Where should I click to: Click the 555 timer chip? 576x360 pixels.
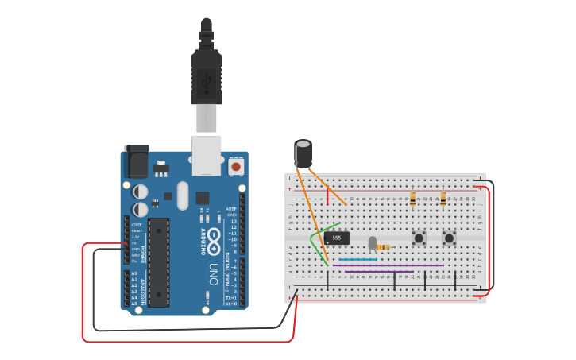[337, 238]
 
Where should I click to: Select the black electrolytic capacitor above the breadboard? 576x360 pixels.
[303, 153]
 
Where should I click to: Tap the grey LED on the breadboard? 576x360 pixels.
[372, 242]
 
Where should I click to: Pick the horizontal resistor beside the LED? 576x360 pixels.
[385, 247]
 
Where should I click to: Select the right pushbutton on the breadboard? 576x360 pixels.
[449, 238]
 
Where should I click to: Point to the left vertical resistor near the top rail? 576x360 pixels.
[412, 198]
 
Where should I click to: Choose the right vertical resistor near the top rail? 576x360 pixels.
[443, 198]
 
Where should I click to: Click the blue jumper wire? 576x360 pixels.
[358, 259]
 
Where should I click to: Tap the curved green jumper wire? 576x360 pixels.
[314, 242]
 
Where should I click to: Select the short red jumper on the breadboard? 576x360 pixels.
[327, 195]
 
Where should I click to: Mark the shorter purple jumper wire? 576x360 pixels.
[379, 271]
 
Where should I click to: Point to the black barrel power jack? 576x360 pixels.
[136, 162]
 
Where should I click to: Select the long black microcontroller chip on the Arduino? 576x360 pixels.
[159, 262]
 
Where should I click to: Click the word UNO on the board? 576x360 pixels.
[213, 275]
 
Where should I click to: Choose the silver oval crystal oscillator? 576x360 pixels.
[184, 195]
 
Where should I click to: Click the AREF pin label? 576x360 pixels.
[231, 209]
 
